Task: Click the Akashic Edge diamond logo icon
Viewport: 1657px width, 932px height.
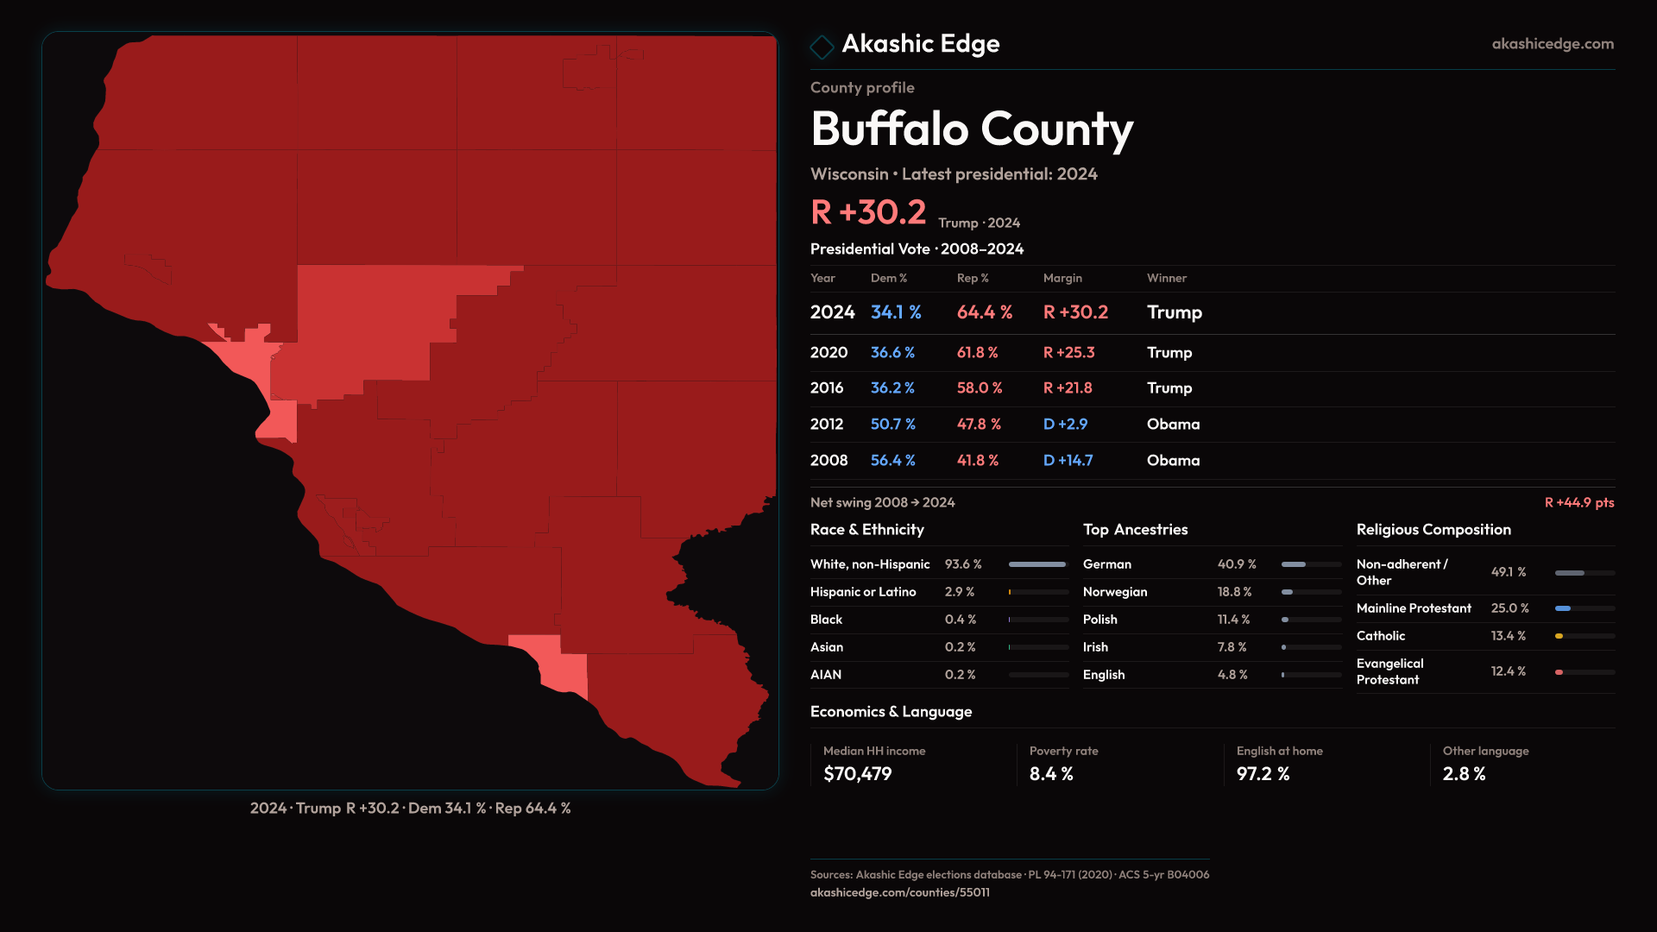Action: [x=822, y=47]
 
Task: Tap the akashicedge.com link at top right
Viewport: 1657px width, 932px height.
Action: [x=1553, y=44]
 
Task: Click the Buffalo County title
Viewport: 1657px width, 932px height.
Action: [x=972, y=129]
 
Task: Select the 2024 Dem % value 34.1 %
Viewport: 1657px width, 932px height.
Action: [x=896, y=312]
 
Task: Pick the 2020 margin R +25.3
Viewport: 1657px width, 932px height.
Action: [x=1068, y=353]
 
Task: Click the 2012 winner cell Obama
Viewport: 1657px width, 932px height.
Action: [x=1173, y=425]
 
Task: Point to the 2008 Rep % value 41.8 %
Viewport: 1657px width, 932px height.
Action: [x=977, y=461]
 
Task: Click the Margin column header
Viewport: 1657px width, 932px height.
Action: [x=1062, y=278]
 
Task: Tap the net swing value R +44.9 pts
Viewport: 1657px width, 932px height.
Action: [x=1578, y=502]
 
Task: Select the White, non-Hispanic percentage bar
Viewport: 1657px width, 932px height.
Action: [x=1038, y=564]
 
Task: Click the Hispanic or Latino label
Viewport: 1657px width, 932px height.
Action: [x=863, y=592]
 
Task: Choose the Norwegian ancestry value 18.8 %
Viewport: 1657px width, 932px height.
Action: [x=1234, y=592]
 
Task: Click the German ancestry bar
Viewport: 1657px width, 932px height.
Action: [x=1311, y=564]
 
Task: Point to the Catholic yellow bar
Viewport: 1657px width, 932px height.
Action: [x=1559, y=636]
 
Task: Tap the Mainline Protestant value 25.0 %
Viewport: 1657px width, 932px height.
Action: [x=1509, y=608]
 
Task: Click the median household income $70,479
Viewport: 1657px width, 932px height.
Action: [x=857, y=774]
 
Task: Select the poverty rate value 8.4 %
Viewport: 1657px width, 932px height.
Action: [x=1051, y=774]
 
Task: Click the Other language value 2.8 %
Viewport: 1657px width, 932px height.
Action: [x=1464, y=774]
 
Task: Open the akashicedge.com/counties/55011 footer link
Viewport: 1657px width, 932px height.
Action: [x=899, y=892]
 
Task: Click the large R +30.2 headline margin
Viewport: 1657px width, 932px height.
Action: [x=867, y=212]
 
